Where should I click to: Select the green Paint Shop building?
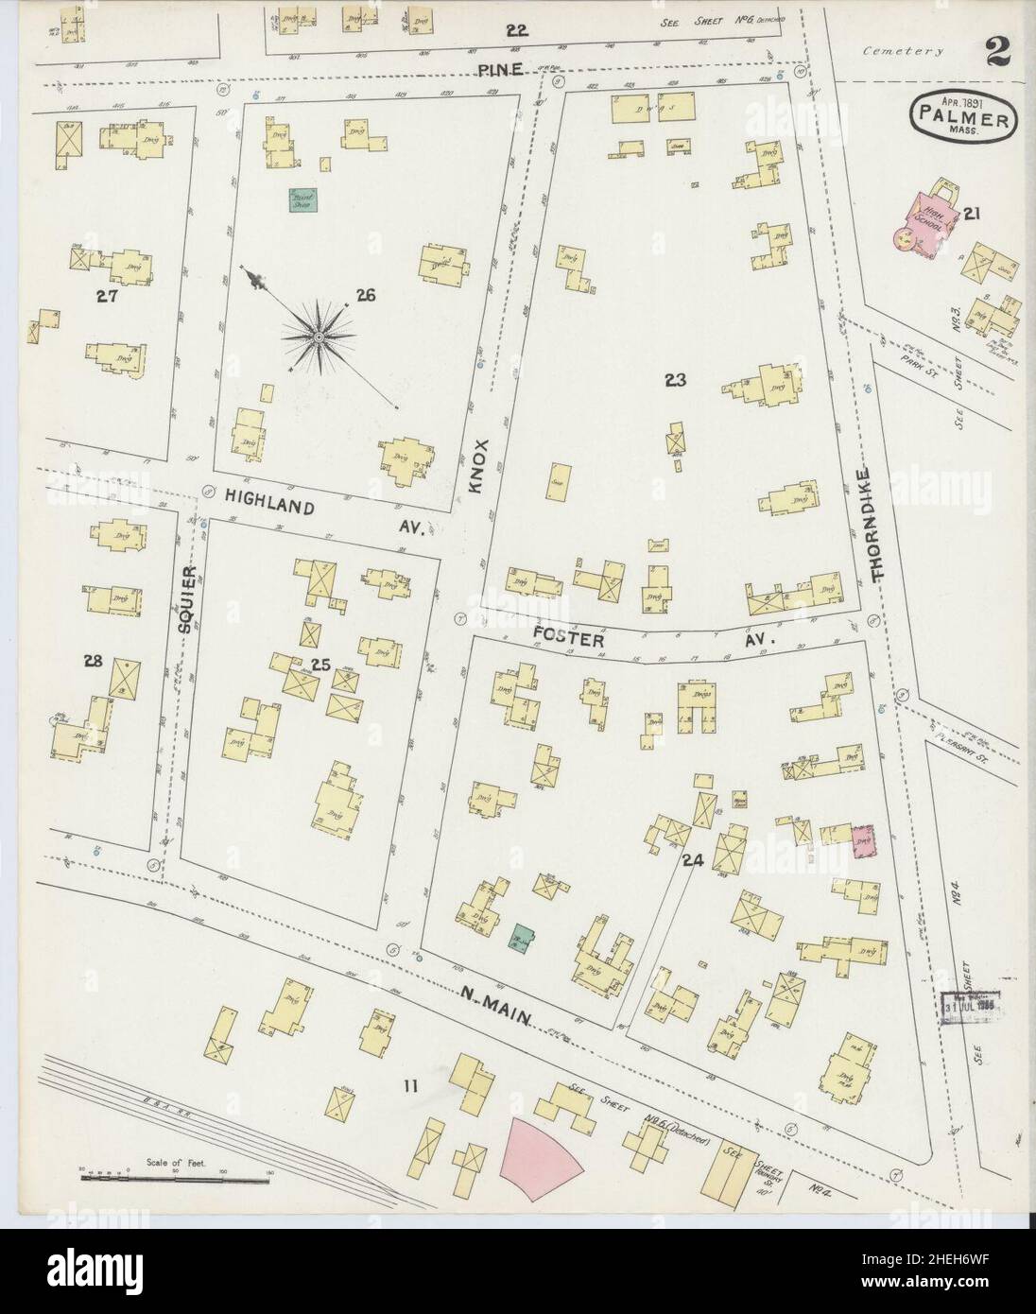(303, 199)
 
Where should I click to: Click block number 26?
(365, 297)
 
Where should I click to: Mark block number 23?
(674, 380)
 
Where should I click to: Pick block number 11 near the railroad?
(408, 1087)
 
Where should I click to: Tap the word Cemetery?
(902, 53)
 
